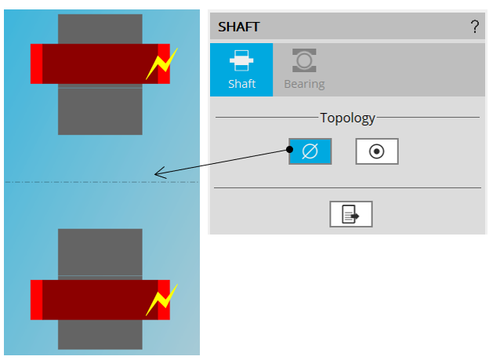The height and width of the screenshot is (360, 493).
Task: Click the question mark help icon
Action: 474,27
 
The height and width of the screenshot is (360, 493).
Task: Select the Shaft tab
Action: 241,70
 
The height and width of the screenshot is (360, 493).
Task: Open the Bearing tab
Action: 304,70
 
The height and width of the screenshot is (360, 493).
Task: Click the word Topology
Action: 347,118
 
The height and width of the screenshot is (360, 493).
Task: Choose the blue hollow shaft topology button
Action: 310,151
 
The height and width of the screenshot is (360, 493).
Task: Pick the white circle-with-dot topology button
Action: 377,151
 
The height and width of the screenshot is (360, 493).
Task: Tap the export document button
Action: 350,214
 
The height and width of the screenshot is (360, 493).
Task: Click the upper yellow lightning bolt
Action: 162,64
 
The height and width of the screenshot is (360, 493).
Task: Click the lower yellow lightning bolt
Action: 162,300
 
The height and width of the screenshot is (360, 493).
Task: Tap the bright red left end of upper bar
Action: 36,64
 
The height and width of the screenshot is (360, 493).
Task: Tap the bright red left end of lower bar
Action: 36,300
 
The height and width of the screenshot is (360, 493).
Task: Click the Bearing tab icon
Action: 304,60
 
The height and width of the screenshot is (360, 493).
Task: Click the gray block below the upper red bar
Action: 100,110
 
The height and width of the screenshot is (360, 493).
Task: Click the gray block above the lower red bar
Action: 100,253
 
